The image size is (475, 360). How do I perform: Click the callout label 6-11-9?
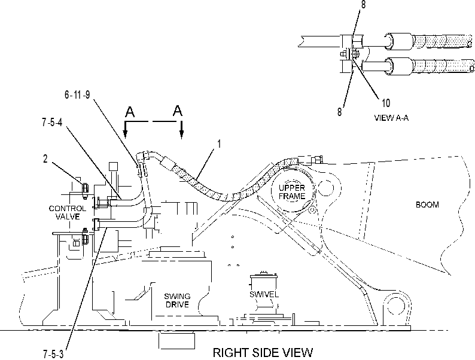click(x=77, y=94)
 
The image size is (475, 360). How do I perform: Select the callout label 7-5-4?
click(x=52, y=123)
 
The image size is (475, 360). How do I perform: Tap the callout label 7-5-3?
click(x=53, y=354)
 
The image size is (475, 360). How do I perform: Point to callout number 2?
click(x=45, y=158)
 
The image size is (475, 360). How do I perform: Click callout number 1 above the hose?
click(x=220, y=144)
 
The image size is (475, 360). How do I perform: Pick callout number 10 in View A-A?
click(x=386, y=103)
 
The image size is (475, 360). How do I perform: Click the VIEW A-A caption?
click(x=391, y=118)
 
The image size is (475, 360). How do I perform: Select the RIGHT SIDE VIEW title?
click(x=263, y=353)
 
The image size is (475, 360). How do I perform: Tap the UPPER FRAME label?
click(x=292, y=192)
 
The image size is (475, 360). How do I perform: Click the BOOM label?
click(x=427, y=205)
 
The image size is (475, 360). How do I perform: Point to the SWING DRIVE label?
click(x=177, y=300)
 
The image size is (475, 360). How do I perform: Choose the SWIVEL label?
click(x=264, y=294)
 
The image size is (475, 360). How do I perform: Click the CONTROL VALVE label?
click(x=67, y=212)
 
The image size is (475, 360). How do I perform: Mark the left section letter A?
click(x=130, y=112)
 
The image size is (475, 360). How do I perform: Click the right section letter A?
click(x=178, y=111)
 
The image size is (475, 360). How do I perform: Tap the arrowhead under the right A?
click(x=181, y=133)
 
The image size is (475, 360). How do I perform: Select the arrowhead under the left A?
click(x=125, y=133)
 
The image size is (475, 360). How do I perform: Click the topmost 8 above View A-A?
click(x=363, y=4)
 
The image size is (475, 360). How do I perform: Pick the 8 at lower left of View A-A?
click(x=340, y=112)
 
